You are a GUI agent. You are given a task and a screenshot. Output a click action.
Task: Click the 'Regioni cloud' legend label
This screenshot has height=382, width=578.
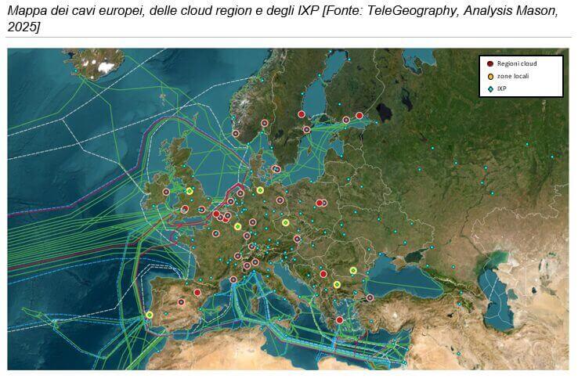pos(516,63)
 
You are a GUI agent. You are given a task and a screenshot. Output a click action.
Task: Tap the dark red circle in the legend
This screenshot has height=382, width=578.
pos(490,63)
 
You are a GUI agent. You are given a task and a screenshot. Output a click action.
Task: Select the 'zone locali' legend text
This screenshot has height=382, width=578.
pos(512,76)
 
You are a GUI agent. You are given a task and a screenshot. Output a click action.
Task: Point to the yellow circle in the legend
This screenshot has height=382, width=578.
pos(490,76)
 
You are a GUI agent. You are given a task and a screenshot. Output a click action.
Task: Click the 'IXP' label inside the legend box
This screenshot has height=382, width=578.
pos(502,88)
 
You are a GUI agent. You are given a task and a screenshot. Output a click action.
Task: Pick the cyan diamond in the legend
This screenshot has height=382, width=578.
pos(490,88)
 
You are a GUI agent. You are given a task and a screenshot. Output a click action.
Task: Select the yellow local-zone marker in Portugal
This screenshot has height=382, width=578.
pos(149,315)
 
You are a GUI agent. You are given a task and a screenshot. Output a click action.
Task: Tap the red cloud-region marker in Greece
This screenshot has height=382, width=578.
pos(339,319)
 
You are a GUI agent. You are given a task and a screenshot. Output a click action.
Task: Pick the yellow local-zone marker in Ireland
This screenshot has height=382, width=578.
pos(190,190)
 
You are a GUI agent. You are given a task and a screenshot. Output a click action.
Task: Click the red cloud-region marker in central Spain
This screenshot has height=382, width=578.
pos(182,302)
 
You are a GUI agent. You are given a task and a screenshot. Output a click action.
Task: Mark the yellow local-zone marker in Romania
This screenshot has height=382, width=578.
pos(353,271)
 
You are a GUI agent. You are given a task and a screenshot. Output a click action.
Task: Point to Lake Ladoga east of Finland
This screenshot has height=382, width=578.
pos(383,113)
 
